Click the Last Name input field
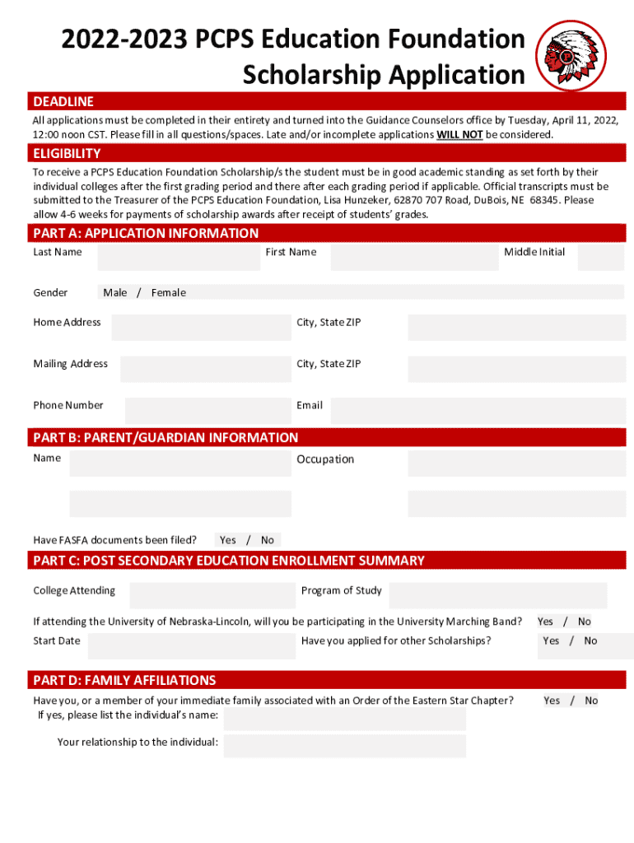pos(178,257)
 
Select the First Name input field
pos(414,257)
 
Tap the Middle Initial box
pos(600,257)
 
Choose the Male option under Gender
pos(115,292)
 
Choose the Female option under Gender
pos(169,292)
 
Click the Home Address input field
pos(201,327)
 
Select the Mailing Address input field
pos(205,368)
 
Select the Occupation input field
pos(515,463)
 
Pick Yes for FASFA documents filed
pos(228,540)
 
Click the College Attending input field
pos(212,594)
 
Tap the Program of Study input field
pos(497,594)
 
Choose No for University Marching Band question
pos(585,622)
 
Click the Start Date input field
pos(191,645)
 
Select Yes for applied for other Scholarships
pos(551,640)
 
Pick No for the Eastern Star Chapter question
pos(591,701)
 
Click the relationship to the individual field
pos(344,746)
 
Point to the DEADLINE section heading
pos(63,101)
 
